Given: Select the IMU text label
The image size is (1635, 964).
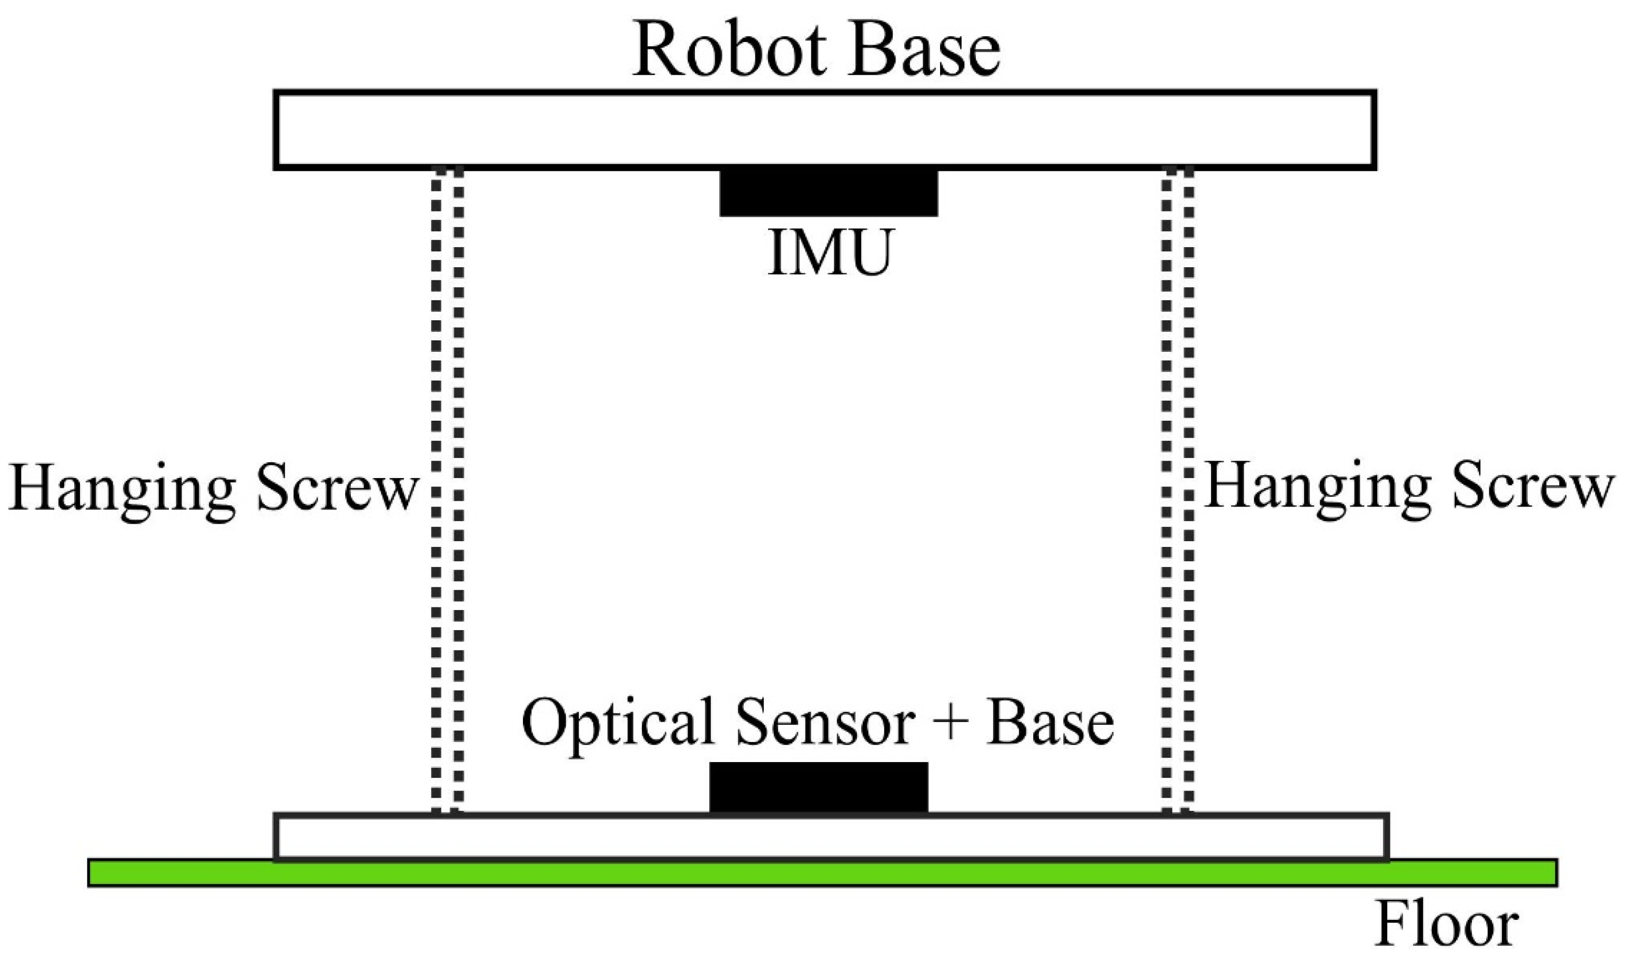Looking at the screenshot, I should [x=831, y=253].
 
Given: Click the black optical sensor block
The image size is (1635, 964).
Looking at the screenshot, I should [x=819, y=788].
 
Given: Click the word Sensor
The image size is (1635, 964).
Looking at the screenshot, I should [x=825, y=724].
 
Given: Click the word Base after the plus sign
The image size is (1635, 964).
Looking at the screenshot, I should [x=1049, y=724].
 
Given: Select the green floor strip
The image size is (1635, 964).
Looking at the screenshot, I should [x=822, y=873].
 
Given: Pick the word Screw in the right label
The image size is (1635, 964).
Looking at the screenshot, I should [x=1532, y=487].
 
